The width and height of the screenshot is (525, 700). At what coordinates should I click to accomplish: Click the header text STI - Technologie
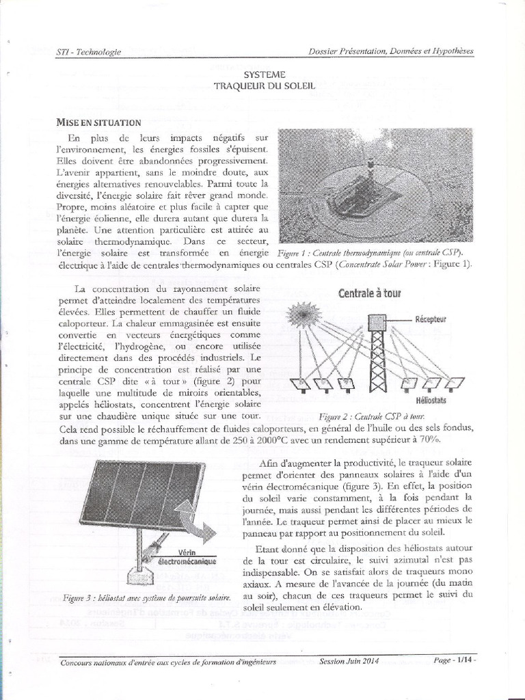point(88,52)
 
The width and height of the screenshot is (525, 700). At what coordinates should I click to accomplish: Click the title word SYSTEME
point(264,74)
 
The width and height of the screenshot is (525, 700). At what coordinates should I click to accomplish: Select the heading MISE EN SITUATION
point(98,122)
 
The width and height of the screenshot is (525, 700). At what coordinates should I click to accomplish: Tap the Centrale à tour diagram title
point(370,293)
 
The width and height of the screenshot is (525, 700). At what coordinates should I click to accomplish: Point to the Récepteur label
point(431,319)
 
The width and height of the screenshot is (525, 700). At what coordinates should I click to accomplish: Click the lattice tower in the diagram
point(377,355)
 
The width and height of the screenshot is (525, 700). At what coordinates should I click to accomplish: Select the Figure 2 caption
point(373,416)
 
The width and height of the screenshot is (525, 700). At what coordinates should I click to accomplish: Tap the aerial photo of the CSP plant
point(375,185)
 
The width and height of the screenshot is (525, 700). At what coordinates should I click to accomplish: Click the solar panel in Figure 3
point(142,493)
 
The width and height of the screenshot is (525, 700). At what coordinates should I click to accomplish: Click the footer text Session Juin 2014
point(349,661)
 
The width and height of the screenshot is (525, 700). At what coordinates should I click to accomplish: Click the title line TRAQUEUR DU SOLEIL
point(264,87)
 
